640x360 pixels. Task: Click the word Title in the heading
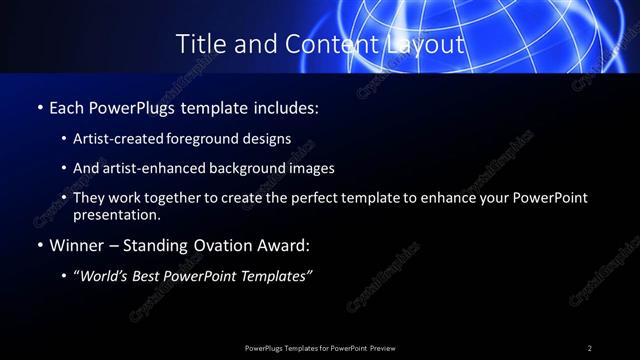click(x=200, y=44)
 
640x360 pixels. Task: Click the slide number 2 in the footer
click(x=590, y=348)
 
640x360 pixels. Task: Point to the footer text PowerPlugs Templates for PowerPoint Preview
click(x=320, y=348)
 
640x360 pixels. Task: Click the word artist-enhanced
click(x=143, y=168)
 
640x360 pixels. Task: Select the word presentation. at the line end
click(x=116, y=214)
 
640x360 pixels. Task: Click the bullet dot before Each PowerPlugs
click(x=39, y=106)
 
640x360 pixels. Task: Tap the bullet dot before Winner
click(x=39, y=245)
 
